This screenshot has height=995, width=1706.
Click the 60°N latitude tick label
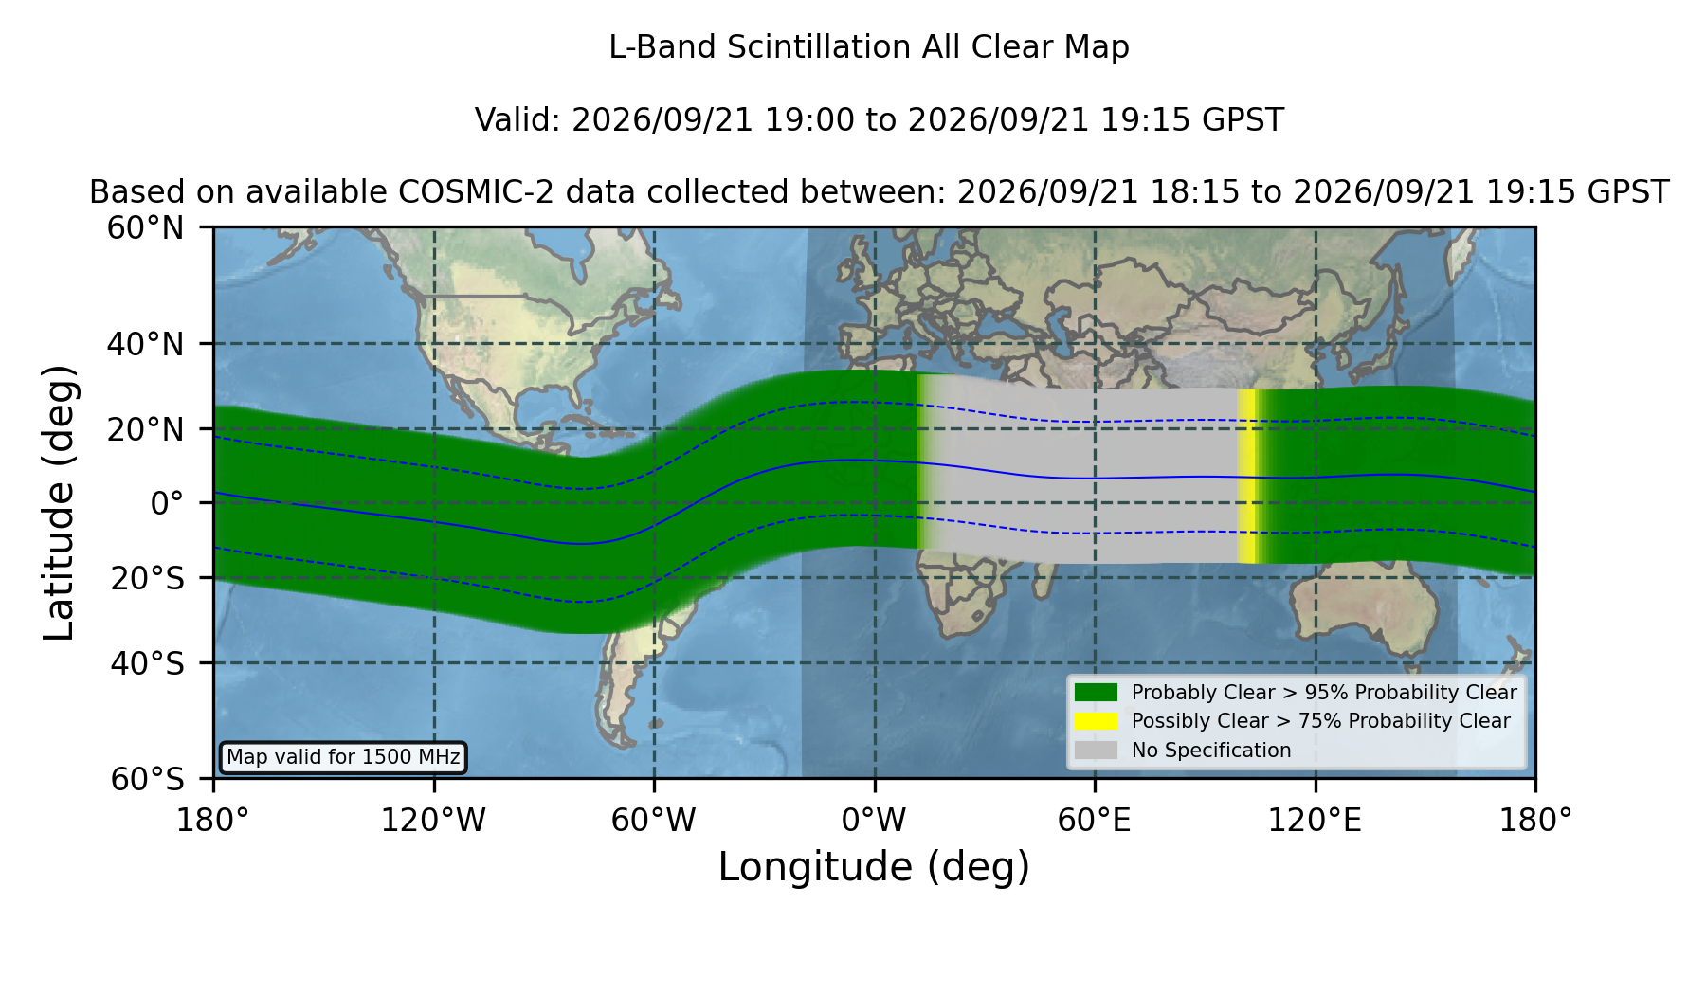(x=145, y=228)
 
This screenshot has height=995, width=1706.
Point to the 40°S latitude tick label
(x=147, y=663)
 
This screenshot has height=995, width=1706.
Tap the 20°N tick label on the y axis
(x=145, y=429)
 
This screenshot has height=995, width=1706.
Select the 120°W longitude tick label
(x=433, y=821)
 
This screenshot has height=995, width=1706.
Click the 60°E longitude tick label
(x=1095, y=821)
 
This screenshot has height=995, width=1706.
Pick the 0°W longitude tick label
(x=874, y=821)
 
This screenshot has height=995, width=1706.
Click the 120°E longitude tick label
(x=1315, y=821)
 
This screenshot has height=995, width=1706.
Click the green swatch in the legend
(x=1097, y=693)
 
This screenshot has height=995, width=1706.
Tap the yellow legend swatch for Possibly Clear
(x=1097, y=721)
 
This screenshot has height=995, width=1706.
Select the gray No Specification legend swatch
(x=1097, y=751)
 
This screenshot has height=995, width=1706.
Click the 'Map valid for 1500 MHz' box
(x=343, y=757)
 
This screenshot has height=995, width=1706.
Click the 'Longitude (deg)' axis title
(x=874, y=867)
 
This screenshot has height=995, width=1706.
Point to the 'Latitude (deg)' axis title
(x=59, y=502)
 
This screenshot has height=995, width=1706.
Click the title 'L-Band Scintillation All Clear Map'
(x=869, y=47)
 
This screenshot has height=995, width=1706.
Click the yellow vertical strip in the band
(x=1247, y=476)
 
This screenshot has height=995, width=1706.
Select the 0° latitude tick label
(x=167, y=503)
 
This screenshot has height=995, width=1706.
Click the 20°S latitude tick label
(x=147, y=578)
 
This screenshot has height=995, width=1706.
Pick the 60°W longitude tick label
(x=653, y=821)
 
